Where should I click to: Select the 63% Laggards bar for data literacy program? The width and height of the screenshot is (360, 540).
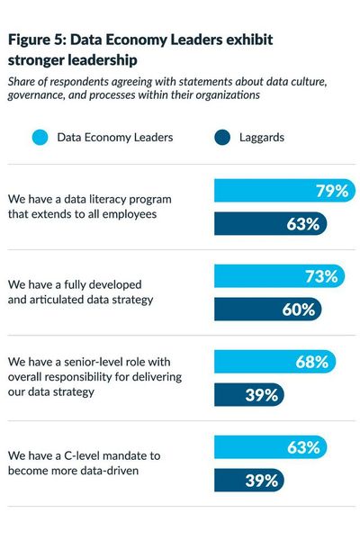[x=270, y=224]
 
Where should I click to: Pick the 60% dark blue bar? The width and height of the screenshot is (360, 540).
[x=267, y=310]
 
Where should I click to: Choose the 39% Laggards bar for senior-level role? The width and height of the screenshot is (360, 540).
[x=248, y=395]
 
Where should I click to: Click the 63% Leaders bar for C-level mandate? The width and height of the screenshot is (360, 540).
[x=270, y=447]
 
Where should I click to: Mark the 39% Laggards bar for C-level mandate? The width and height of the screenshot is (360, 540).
[x=248, y=481]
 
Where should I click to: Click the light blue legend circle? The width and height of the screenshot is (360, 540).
[x=39, y=139]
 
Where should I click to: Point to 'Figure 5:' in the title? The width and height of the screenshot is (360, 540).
[x=40, y=40]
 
